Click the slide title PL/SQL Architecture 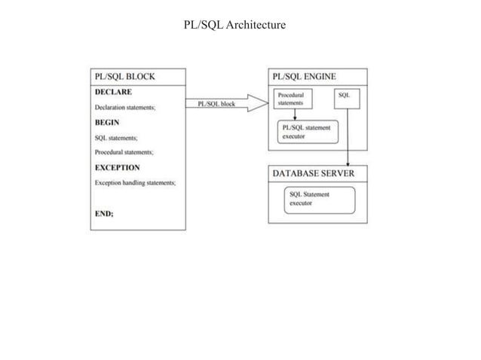234,26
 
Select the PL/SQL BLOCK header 125,76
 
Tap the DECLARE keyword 113,92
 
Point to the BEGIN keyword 107,122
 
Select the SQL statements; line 116,138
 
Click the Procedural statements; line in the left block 125,152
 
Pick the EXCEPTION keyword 118,167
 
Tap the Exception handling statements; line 135,183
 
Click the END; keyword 104,213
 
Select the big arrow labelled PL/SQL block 227,105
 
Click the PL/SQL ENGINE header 305,76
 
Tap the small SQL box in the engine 345,97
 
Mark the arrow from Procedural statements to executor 295,114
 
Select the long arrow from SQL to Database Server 347,136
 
